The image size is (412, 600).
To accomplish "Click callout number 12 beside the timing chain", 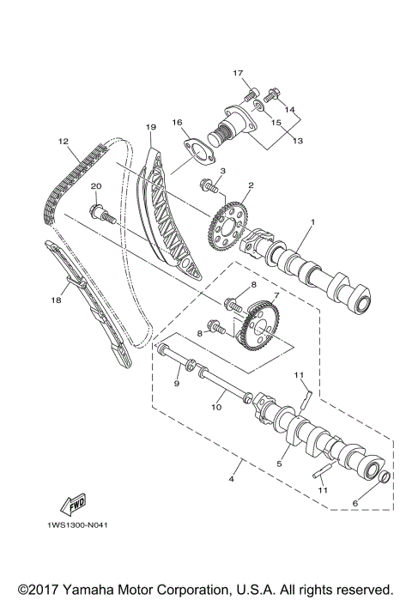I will point(63,141).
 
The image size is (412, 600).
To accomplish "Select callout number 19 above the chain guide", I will point(150,128).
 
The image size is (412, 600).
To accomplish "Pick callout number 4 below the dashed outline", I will point(232,476).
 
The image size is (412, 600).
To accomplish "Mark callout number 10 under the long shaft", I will point(217,408).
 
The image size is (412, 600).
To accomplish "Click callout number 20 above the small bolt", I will point(96,187).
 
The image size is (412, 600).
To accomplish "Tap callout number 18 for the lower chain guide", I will point(57,300).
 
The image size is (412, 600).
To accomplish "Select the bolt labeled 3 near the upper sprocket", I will point(209,184).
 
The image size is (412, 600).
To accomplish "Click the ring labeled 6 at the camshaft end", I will point(385,476).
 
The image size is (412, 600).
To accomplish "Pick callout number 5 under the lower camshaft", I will point(279,464).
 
